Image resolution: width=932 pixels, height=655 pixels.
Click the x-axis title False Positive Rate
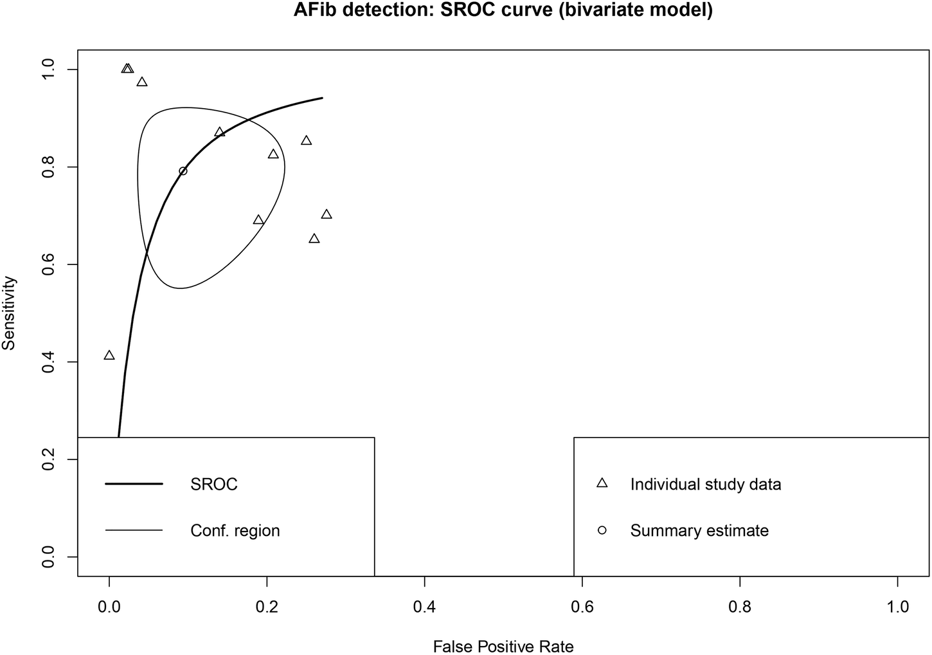click(x=503, y=645)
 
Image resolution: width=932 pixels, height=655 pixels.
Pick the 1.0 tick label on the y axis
click(x=49, y=69)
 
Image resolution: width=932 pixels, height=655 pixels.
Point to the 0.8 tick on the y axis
click(x=49, y=167)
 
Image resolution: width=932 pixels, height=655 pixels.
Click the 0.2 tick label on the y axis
click(x=49, y=459)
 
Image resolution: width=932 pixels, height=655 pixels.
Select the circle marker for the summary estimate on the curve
click(x=183, y=171)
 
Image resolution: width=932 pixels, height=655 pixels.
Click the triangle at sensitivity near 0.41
click(x=109, y=355)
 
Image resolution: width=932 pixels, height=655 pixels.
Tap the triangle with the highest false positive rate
click(x=327, y=214)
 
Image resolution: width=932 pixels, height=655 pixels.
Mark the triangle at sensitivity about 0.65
click(x=314, y=239)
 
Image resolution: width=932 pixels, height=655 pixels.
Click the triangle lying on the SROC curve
click(x=220, y=132)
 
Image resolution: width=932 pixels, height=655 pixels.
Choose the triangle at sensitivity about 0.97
click(x=142, y=82)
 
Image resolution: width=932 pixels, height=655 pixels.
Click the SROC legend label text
click(x=214, y=484)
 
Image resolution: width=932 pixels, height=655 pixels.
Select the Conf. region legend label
click(x=235, y=531)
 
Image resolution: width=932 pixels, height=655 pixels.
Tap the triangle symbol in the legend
click(x=602, y=483)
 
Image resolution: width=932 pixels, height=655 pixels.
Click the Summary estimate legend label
click(x=699, y=531)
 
